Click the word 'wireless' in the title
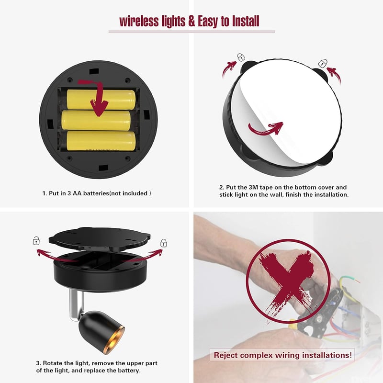pos(139,21)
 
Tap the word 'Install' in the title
pos(246,21)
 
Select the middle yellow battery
pos(96,120)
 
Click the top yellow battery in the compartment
pos(101,100)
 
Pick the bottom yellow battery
pos(101,141)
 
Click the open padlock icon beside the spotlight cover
pos(36,241)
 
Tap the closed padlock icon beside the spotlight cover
pos(164,243)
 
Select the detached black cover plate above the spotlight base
pos(100,239)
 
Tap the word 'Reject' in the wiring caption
pos(225,355)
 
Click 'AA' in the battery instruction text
pos(77,193)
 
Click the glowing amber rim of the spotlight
pos(114,341)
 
